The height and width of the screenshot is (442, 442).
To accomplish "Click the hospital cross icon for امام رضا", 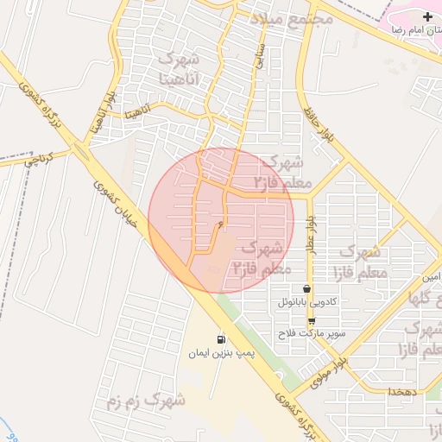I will click(x=427, y=17).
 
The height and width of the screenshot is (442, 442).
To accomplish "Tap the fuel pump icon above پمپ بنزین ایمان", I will click(x=222, y=339).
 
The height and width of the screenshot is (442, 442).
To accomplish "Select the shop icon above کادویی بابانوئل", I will click(x=306, y=289).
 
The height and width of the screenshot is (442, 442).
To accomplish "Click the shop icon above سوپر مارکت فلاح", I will click(x=311, y=320).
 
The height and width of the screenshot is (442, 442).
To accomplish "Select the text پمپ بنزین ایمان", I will click(x=222, y=353).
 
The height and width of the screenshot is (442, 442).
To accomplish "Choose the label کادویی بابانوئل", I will click(x=307, y=303).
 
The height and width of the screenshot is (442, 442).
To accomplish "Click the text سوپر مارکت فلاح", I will click(x=311, y=333).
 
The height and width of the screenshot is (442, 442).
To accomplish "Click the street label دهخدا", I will click(x=403, y=392).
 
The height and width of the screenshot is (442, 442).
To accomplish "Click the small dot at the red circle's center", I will click(x=221, y=225).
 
